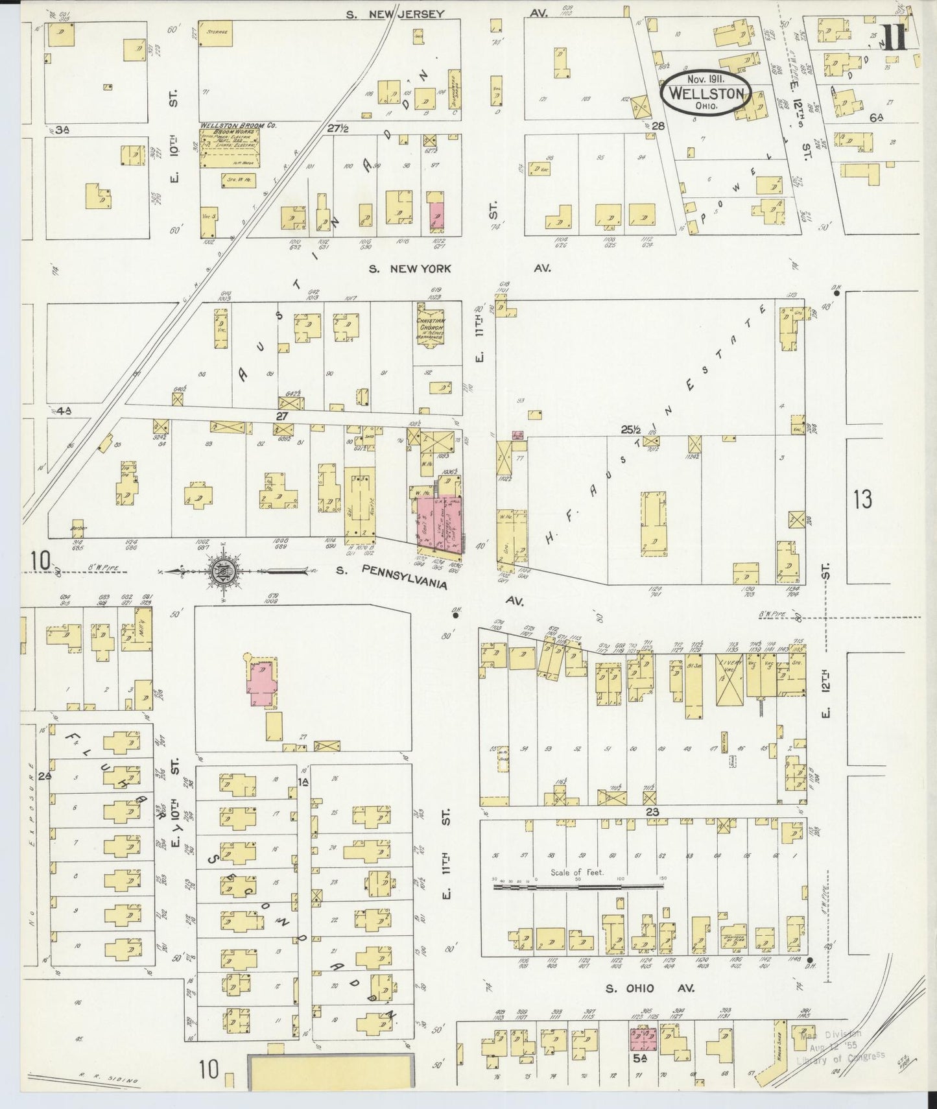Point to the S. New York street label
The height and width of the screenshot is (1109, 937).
(411, 268)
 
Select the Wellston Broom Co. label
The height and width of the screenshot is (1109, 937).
(238, 125)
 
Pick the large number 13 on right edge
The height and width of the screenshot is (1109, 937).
(862, 499)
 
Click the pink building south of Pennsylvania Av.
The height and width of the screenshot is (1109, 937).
(263, 684)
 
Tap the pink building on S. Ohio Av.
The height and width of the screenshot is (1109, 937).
(643, 1040)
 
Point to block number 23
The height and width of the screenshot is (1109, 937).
(652, 811)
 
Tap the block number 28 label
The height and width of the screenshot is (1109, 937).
(659, 125)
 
